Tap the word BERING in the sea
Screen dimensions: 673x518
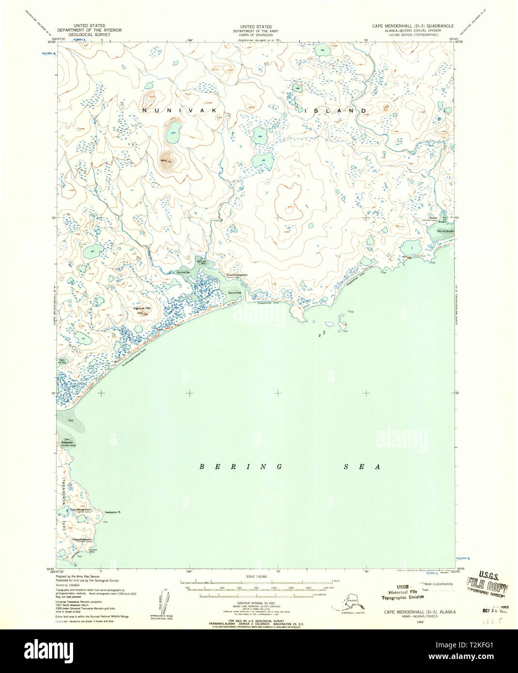point(242,467)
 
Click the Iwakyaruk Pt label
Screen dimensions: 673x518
point(112,512)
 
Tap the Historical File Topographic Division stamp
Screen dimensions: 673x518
point(397,595)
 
